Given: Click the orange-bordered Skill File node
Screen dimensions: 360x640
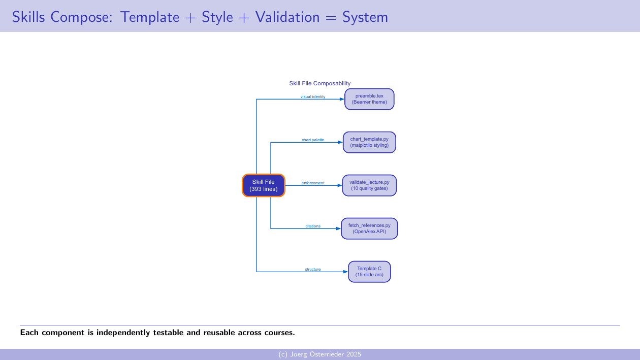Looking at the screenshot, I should point(263,185).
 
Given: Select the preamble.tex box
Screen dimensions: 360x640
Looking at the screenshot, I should point(369,99).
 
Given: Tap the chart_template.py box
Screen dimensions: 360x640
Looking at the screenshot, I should point(369,142).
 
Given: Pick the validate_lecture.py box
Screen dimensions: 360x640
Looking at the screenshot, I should point(369,185).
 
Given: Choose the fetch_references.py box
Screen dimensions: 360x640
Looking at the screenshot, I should point(369,228).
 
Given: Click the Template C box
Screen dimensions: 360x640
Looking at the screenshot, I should point(369,272).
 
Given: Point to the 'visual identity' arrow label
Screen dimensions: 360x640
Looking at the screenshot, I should point(313,96).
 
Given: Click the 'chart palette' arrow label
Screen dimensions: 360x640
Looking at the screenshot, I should point(313,140).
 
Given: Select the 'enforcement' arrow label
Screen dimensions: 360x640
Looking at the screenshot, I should point(313,183).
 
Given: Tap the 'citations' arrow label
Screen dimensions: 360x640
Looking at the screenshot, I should point(313,226).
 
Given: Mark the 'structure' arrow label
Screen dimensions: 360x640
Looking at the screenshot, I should point(313,269).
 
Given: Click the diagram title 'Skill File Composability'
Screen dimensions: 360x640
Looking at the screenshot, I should point(319,83).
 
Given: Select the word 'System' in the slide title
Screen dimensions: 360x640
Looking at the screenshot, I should point(365,17).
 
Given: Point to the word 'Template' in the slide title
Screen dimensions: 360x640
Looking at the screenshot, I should point(150,17).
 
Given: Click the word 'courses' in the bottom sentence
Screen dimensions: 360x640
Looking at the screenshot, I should point(277,333).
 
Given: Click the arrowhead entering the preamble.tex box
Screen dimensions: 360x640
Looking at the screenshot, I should point(342,99).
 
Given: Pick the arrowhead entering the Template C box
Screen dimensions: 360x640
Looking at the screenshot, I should point(345,272).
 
